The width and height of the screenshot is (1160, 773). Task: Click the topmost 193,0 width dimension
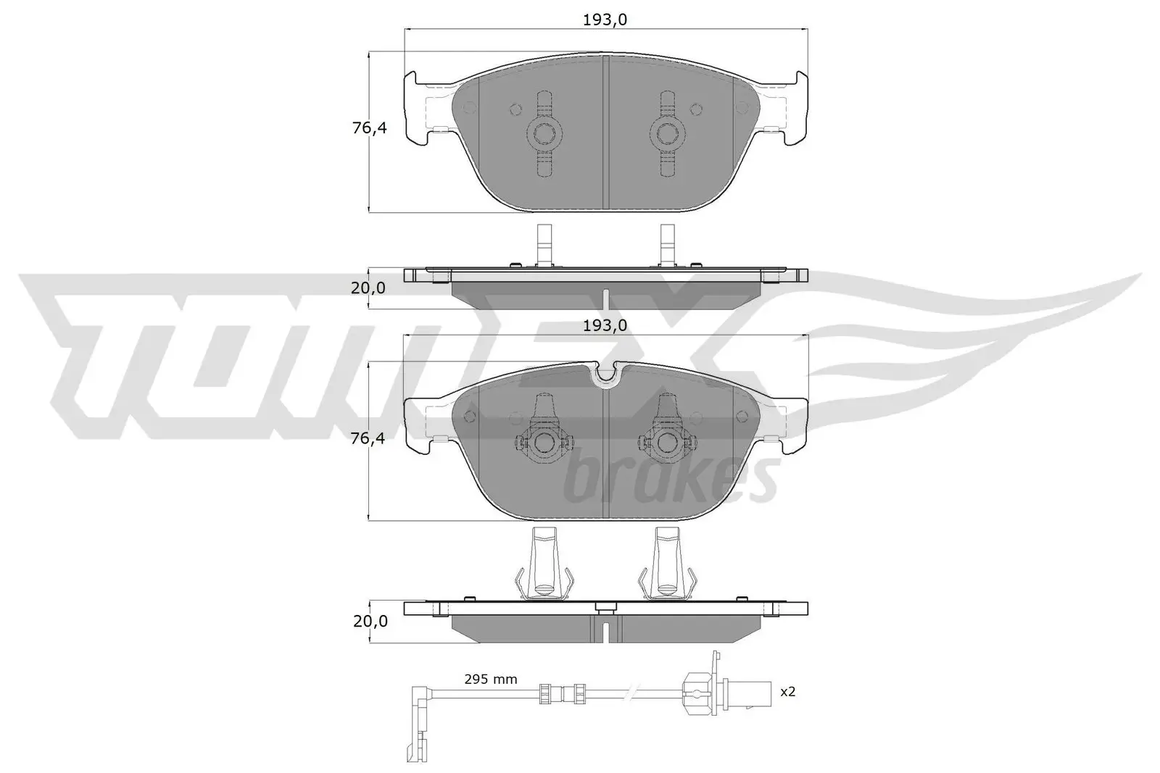pyautogui.click(x=605, y=20)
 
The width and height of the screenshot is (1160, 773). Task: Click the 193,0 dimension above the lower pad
pyautogui.click(x=605, y=326)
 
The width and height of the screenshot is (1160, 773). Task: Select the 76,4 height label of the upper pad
pyautogui.click(x=369, y=129)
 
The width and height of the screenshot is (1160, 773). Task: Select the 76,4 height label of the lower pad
pyautogui.click(x=369, y=438)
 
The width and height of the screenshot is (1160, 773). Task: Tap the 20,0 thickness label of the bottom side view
pyautogui.click(x=369, y=622)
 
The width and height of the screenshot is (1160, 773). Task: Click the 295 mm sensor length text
pyautogui.click(x=491, y=680)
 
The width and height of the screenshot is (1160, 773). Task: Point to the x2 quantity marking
pyautogui.click(x=787, y=692)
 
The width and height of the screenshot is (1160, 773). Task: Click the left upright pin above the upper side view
pyautogui.click(x=543, y=244)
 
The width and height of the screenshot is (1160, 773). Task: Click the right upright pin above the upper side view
pyautogui.click(x=667, y=244)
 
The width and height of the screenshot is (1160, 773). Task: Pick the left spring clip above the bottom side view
pyautogui.click(x=543, y=565)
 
